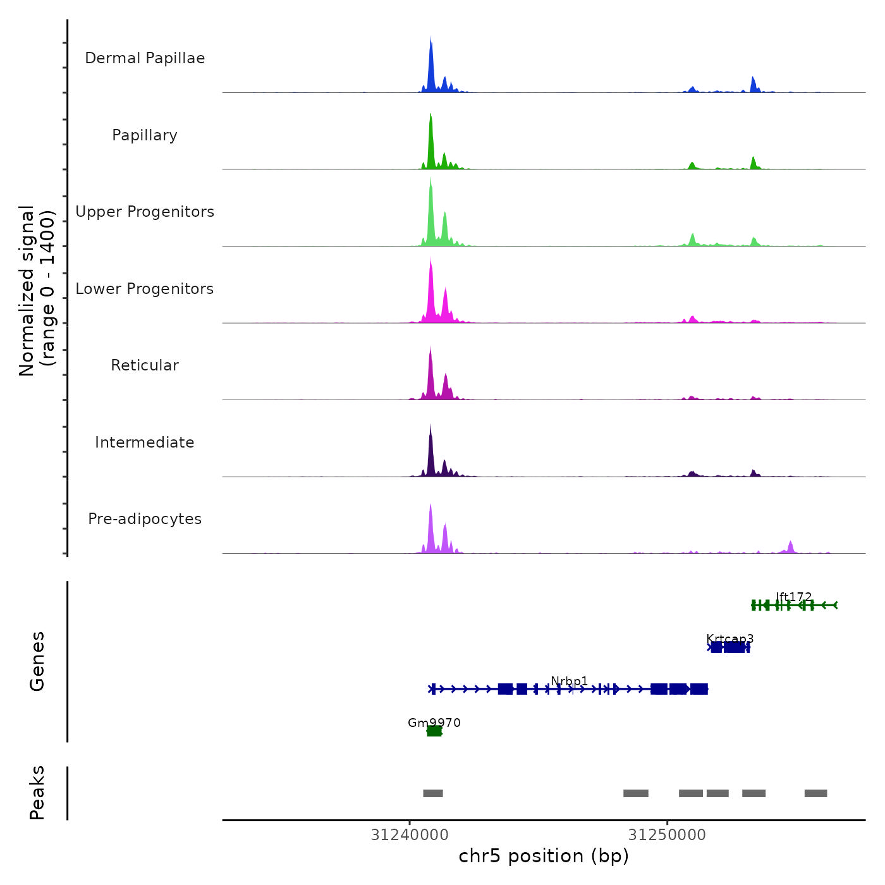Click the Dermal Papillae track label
(145, 58)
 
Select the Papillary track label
(145, 135)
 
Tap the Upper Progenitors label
(145, 212)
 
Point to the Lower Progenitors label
(145, 289)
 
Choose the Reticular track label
(145, 365)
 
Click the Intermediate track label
(145, 442)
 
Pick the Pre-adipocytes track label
(145, 519)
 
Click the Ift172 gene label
(793, 597)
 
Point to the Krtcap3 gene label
(729, 638)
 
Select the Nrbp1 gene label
(569, 681)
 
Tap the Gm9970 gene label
(434, 723)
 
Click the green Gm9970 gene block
(434, 731)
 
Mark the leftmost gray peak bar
(433, 793)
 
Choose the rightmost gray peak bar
(815, 793)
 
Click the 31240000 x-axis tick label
(410, 835)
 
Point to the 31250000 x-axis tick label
(667, 835)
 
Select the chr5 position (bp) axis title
(544, 856)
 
